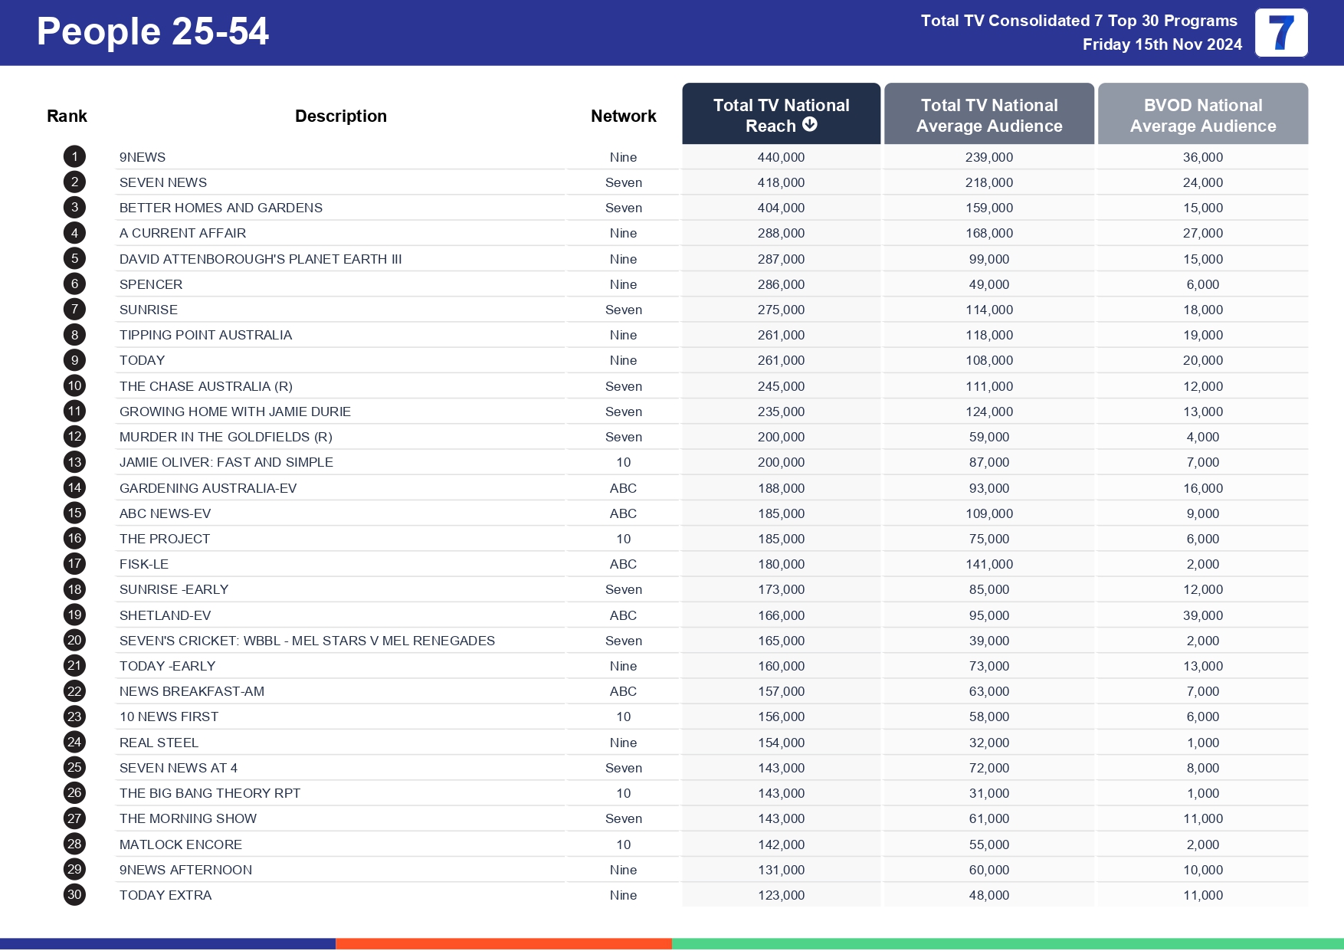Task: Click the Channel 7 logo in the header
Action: pyautogui.click(x=1280, y=32)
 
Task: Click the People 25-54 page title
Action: pyautogui.click(x=152, y=31)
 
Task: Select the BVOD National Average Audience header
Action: pyautogui.click(x=1202, y=115)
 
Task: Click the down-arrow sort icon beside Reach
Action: pyautogui.click(x=810, y=124)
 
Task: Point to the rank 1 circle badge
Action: pyautogui.click(x=74, y=157)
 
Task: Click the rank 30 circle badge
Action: pyautogui.click(x=74, y=895)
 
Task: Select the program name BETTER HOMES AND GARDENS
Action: pyautogui.click(x=221, y=208)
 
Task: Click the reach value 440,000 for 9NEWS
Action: pyautogui.click(x=781, y=157)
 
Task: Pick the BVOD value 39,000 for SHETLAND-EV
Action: pyautogui.click(x=1202, y=615)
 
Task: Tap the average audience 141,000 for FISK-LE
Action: pyautogui.click(x=988, y=564)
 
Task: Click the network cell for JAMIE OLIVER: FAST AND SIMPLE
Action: pyautogui.click(x=623, y=462)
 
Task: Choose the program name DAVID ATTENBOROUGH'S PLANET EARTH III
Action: pyautogui.click(x=261, y=259)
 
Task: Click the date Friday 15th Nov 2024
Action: pyautogui.click(x=1162, y=44)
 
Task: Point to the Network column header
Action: pyautogui.click(x=623, y=116)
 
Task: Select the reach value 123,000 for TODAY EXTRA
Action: pyautogui.click(x=781, y=895)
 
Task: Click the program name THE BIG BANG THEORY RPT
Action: pyautogui.click(x=210, y=793)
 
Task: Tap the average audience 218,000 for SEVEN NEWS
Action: pyautogui.click(x=988, y=182)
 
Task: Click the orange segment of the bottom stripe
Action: pyautogui.click(x=503, y=944)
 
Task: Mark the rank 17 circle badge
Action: pyautogui.click(x=74, y=564)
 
